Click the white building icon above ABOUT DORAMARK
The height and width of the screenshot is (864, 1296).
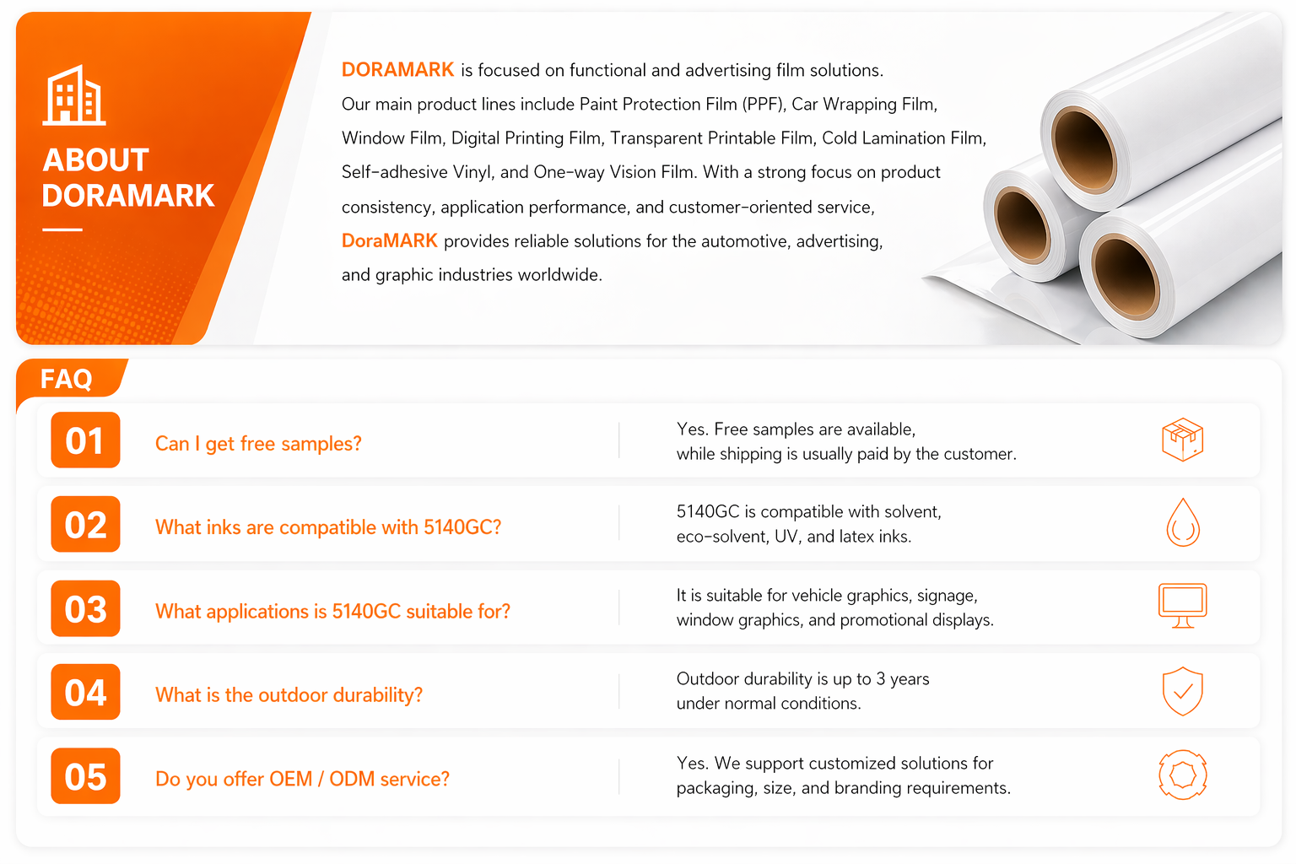[x=74, y=94]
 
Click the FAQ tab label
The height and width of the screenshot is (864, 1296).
[x=66, y=379]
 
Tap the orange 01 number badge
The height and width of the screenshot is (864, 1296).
[x=85, y=440]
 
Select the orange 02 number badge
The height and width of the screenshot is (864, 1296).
[x=85, y=524]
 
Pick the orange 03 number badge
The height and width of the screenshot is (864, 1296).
[x=85, y=608]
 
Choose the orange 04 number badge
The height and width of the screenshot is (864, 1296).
[x=85, y=692]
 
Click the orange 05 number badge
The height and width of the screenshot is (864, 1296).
[x=85, y=775]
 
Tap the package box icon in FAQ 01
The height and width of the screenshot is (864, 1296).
[x=1183, y=440]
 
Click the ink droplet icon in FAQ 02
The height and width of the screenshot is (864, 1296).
[x=1183, y=522]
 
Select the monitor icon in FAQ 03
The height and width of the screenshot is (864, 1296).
[x=1183, y=606]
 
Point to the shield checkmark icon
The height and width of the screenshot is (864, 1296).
[x=1183, y=691]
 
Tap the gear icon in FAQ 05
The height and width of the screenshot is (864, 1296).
[x=1183, y=775]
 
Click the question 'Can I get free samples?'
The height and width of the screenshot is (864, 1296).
[x=258, y=444]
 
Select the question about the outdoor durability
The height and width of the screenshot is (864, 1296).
[x=289, y=695]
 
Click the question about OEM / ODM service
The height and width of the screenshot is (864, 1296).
[x=302, y=779]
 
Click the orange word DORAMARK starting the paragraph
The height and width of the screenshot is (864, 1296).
[x=397, y=69]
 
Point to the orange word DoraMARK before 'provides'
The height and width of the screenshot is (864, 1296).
[x=389, y=240]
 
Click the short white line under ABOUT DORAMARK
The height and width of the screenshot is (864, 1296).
[x=62, y=229]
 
